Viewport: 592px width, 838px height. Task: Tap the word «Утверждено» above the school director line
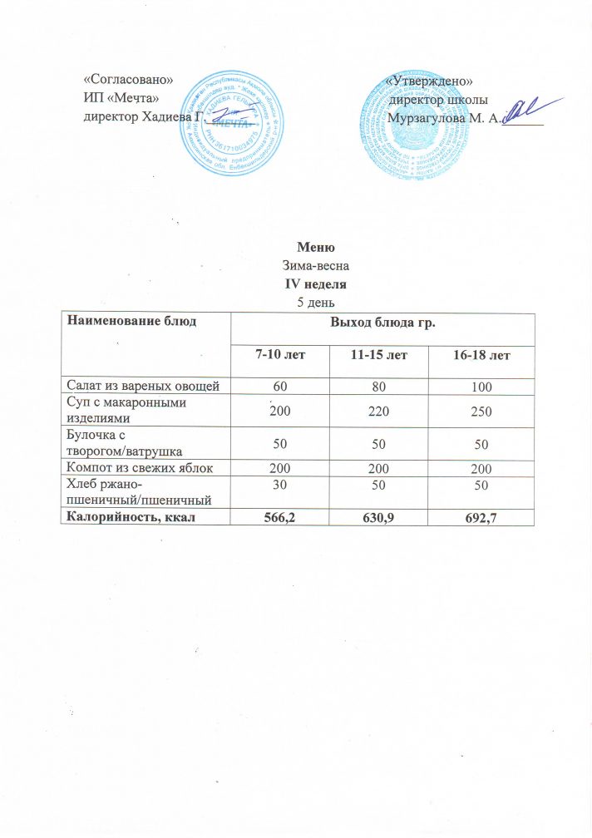[430, 81]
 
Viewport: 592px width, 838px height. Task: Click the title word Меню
[316, 247]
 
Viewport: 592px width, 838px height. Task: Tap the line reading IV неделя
[316, 283]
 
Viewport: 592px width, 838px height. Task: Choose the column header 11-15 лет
[378, 355]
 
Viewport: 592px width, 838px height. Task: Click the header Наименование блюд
[133, 320]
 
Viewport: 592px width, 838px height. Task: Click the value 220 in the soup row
[378, 412]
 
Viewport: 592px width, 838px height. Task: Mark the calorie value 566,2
[279, 519]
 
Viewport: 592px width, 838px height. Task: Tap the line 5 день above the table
[316, 302]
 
